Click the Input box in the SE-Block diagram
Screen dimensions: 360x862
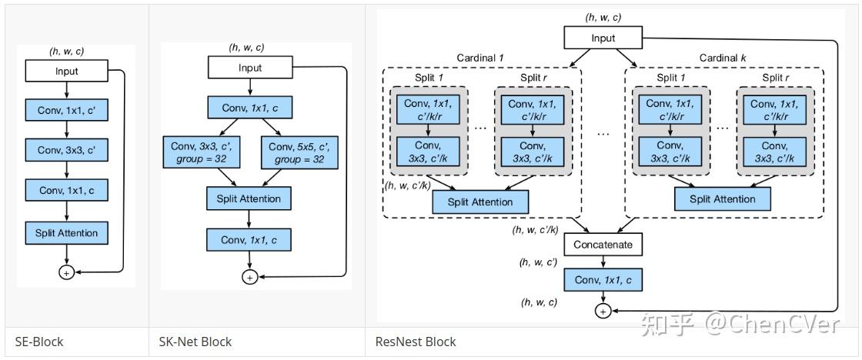click(x=67, y=72)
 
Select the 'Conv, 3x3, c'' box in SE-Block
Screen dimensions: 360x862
click(x=67, y=150)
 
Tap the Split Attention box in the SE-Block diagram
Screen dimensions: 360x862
click(x=67, y=232)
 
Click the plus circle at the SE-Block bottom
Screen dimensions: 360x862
click(x=67, y=272)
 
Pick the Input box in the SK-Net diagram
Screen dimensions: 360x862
click(x=249, y=68)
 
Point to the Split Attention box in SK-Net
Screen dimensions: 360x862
click(x=249, y=198)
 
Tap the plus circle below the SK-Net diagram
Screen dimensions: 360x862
click(x=249, y=277)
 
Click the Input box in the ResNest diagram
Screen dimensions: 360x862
click(x=603, y=38)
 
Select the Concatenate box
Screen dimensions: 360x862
click(x=603, y=245)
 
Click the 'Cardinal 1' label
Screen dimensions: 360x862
click(x=481, y=58)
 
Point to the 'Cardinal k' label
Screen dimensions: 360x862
click(x=723, y=58)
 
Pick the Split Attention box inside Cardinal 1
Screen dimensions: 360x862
click(x=481, y=202)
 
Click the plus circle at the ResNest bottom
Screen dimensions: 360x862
click(x=603, y=310)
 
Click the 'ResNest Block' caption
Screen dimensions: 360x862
click(x=416, y=342)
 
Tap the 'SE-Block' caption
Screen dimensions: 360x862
click(x=38, y=342)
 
